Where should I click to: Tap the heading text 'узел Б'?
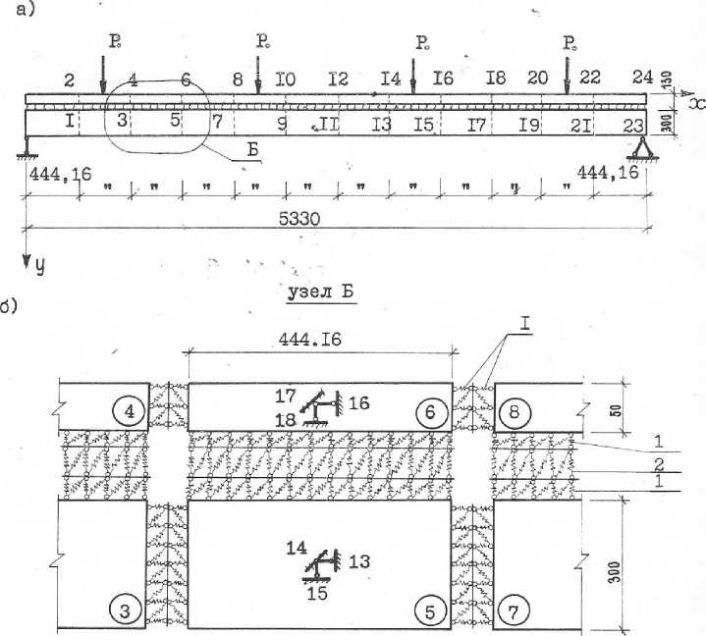click(320, 291)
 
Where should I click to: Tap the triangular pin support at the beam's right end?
click(644, 149)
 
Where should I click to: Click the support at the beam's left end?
click(27, 147)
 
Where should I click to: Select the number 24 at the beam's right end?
click(642, 78)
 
